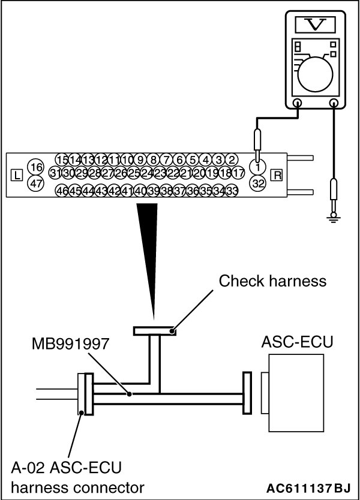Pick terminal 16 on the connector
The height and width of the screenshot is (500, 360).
pos(36,166)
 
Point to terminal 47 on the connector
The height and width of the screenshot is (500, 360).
pos(36,184)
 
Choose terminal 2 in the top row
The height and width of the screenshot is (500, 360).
pos(233,159)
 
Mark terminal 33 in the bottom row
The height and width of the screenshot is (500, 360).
pos(232,191)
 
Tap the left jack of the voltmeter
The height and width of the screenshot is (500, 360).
pos(298,104)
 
